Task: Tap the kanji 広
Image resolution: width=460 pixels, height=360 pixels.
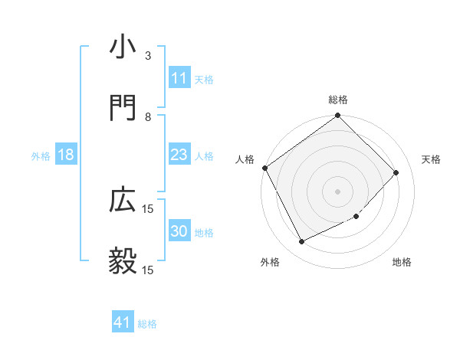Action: click(x=123, y=201)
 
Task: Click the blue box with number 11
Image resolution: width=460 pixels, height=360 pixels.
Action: click(x=179, y=78)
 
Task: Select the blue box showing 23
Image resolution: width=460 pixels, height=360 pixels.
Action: click(x=179, y=155)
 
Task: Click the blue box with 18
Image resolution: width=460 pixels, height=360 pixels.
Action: click(x=66, y=155)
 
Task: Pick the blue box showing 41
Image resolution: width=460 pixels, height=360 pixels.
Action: click(x=123, y=323)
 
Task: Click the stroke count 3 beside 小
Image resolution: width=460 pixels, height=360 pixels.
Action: click(x=148, y=56)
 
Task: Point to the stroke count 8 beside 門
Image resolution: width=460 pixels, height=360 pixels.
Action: click(x=148, y=117)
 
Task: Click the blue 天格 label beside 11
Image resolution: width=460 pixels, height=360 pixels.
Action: click(x=204, y=79)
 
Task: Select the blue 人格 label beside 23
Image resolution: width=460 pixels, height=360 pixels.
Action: click(x=204, y=156)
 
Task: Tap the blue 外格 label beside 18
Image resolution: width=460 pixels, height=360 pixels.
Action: click(x=41, y=156)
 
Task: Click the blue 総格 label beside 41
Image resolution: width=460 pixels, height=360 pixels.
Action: click(x=147, y=324)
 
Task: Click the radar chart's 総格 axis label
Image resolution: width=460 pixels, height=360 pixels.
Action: click(x=337, y=100)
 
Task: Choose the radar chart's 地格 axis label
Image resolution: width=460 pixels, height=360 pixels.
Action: click(x=402, y=263)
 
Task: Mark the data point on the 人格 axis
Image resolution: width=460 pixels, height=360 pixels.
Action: click(x=265, y=168)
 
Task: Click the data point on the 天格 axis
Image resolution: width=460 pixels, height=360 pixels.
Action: click(x=396, y=172)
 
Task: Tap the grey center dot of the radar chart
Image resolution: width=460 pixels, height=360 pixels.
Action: click(x=337, y=191)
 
